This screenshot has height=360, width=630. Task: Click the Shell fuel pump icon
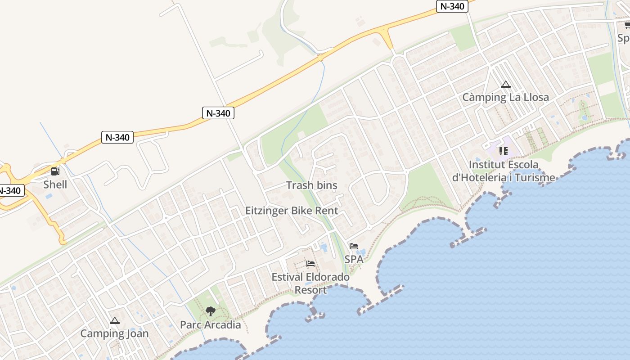tap(55, 171)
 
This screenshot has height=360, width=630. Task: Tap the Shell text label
tap(55, 184)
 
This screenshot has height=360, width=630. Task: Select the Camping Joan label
tap(114, 333)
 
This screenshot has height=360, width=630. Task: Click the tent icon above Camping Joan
tap(115, 321)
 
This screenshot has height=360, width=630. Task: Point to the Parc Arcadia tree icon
tap(210, 311)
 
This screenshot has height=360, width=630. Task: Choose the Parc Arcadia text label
tap(211, 324)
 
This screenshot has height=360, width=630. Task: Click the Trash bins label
tap(312, 185)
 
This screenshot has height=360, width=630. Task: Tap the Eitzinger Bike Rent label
tap(292, 211)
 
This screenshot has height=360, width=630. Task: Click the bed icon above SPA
tap(354, 246)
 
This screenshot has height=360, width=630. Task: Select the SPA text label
tap(354, 259)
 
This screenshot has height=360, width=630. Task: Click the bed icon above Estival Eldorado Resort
tap(310, 264)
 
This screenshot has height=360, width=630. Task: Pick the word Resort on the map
tap(310, 290)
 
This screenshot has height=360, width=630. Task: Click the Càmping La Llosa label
tap(506, 97)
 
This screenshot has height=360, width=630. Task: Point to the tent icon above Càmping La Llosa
tap(506, 84)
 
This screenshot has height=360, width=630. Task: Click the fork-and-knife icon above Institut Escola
tap(503, 151)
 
